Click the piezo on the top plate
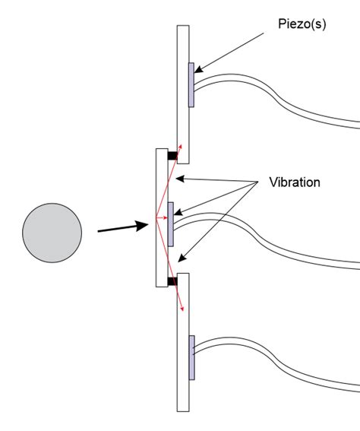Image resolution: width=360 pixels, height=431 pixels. pyautogui.click(x=191, y=84)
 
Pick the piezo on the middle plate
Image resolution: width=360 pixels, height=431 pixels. pyautogui.click(x=171, y=223)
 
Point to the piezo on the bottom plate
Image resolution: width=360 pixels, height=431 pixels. pyautogui.click(x=191, y=357)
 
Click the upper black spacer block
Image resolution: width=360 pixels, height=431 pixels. pyautogui.click(x=172, y=157)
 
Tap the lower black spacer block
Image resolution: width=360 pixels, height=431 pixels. pyautogui.click(x=172, y=281)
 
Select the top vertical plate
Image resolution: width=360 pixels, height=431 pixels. pyautogui.click(x=182, y=91)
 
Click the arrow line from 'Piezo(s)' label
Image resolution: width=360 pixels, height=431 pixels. pyautogui.click(x=235, y=49)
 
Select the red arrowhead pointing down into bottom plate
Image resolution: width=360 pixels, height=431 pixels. pyautogui.click(x=183, y=307)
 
